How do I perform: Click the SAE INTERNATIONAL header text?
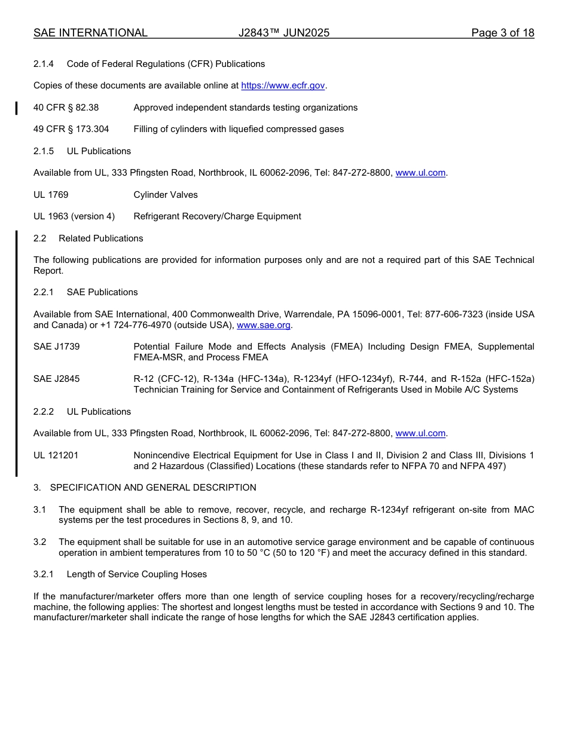tap(90, 33)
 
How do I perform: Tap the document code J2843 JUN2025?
tap(284, 33)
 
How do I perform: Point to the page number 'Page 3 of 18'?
tap(502, 33)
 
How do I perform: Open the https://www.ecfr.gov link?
tap(283, 85)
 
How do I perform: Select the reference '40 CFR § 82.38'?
tap(66, 108)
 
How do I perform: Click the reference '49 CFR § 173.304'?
tap(71, 129)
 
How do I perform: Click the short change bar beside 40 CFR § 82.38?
tap(17, 108)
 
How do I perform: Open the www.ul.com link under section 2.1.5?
tap(420, 173)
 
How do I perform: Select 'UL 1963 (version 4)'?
tap(74, 216)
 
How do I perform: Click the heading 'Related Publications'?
tap(101, 238)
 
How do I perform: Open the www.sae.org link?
tap(264, 325)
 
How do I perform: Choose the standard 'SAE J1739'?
tap(57, 347)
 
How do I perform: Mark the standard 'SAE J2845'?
tap(57, 379)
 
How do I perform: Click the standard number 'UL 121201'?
tap(56, 455)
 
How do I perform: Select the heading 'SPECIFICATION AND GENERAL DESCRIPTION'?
tap(153, 488)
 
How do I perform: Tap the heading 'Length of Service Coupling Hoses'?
tap(137, 574)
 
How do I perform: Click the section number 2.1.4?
tap(44, 64)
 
